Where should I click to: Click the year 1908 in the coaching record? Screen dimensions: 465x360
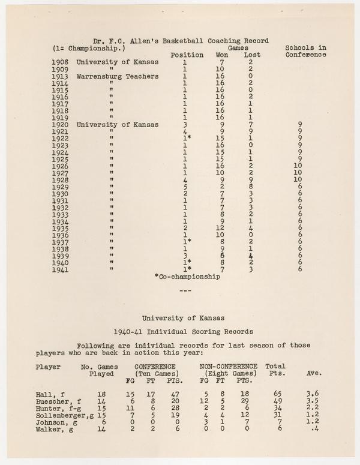(62, 62)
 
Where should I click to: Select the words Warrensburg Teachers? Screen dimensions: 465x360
(118, 76)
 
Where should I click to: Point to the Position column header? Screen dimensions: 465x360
(187, 55)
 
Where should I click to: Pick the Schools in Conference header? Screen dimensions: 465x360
(305, 51)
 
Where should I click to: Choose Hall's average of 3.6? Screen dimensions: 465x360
(313, 393)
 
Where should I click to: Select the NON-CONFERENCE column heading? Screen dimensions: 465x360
(229, 366)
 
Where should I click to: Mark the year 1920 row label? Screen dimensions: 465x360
(62, 125)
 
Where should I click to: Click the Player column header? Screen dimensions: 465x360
(48, 366)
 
